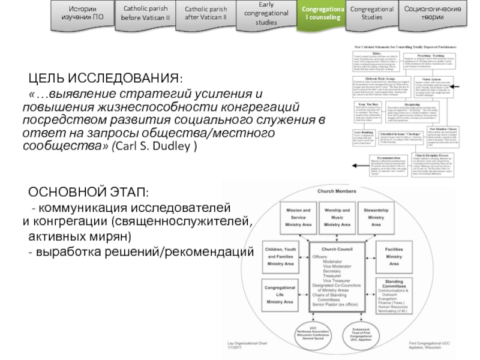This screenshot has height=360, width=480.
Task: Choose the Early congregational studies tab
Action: click(x=264, y=13)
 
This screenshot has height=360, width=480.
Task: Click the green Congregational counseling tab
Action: click(x=323, y=13)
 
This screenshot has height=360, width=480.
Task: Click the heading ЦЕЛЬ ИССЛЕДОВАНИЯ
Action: click(x=107, y=79)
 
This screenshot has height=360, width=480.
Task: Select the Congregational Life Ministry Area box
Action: click(x=281, y=293)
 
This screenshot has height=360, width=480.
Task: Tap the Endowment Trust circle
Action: click(x=362, y=333)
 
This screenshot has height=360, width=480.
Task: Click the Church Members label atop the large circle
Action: click(x=335, y=191)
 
